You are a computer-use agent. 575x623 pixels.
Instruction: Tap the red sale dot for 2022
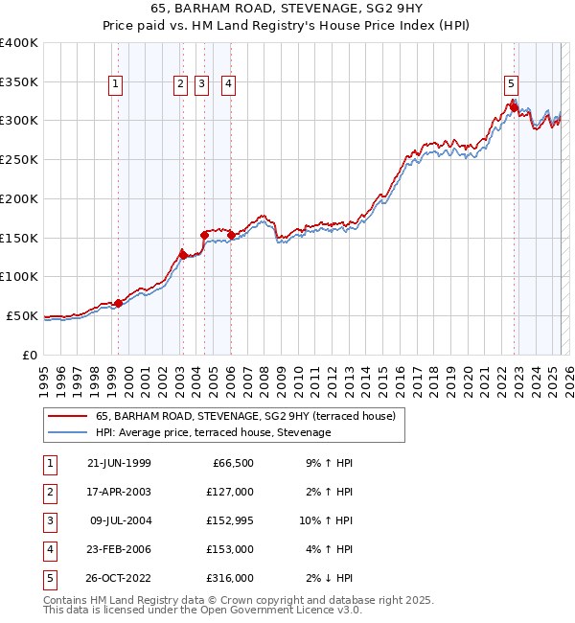pyautogui.click(x=515, y=108)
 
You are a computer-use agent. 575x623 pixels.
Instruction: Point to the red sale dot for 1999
pyautogui.click(x=119, y=303)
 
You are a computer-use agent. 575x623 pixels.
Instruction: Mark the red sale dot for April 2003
pyautogui.click(x=183, y=255)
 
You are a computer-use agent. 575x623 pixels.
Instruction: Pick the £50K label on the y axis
pyautogui.click(x=22, y=315)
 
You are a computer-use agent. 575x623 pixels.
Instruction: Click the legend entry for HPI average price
pyautogui.click(x=213, y=433)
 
